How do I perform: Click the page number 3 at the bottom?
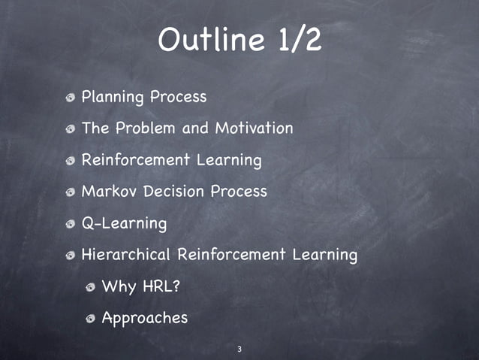[239, 349]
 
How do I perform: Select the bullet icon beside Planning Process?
[70, 98]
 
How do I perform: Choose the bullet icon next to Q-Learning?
[70, 224]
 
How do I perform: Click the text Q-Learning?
[124, 223]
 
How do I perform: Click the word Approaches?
[144, 319]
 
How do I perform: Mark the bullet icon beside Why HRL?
[90, 287]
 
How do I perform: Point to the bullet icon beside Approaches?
[90, 319]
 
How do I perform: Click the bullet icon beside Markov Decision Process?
[70, 192]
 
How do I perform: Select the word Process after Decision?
[238, 192]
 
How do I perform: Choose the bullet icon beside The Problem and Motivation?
[70, 129]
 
